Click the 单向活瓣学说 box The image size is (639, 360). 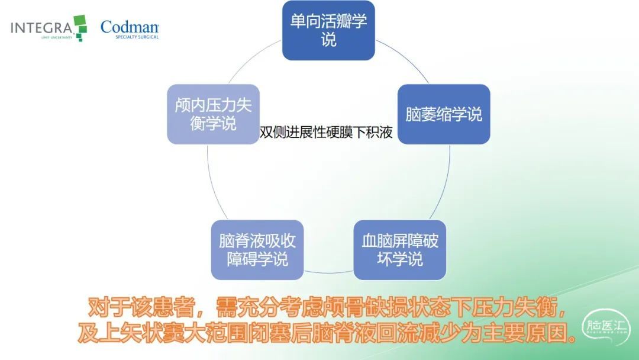coord(328,31)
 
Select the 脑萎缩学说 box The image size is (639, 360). coord(444,114)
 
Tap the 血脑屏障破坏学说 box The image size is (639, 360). coord(400,250)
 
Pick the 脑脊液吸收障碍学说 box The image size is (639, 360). coord(257,250)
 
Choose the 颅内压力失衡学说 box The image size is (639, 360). coord(213,114)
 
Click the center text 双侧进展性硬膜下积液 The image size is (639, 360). coord(326,132)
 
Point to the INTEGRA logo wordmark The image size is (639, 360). coord(41,28)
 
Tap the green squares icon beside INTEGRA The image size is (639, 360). coord(80,28)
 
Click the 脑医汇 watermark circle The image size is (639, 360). coord(606,327)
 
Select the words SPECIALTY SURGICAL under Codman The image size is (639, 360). coord(137,37)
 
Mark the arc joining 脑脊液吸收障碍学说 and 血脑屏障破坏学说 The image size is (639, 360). coord(328,272)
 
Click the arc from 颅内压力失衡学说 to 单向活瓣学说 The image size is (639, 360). coord(253,59)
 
